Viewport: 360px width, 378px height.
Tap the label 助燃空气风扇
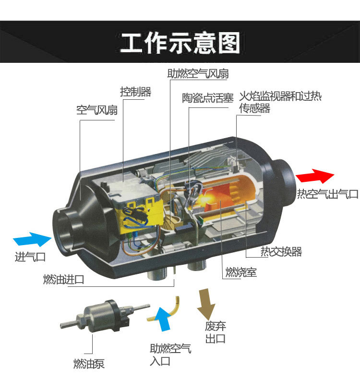tap(198, 74)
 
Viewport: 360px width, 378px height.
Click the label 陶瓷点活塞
tap(207, 98)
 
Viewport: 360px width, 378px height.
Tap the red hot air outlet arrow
tap(314, 176)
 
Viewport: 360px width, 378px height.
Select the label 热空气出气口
tap(327, 194)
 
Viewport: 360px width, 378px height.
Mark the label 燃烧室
tap(241, 272)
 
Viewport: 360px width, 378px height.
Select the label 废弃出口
tap(215, 332)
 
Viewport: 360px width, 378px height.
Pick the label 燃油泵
tap(88, 364)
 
